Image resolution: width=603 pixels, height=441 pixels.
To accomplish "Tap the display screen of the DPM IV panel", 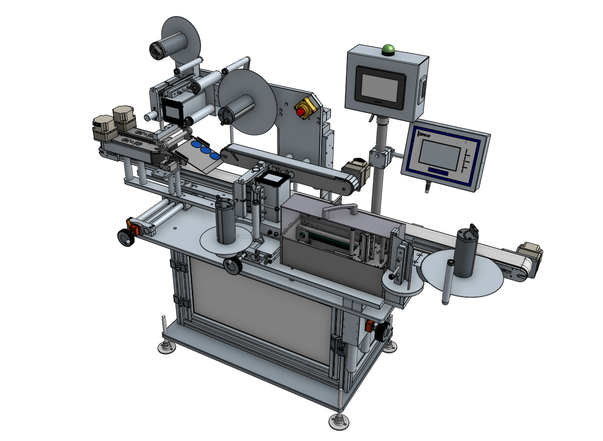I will pos(439,156).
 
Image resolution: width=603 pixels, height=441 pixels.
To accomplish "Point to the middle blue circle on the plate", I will pos(205,150).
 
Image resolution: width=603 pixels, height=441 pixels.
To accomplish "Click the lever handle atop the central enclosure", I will pos(339,211).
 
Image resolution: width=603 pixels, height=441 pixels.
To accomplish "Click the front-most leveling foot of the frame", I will pos(339,421).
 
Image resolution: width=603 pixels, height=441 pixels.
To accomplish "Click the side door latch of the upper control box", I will pos(423,90).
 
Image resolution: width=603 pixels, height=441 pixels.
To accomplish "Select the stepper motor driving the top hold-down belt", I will pos(357,170).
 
